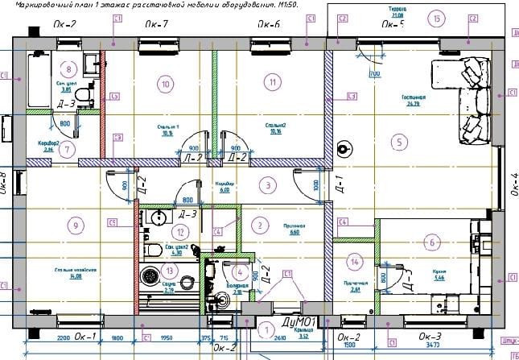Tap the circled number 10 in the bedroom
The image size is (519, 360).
point(166,83)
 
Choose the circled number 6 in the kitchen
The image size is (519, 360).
point(432,242)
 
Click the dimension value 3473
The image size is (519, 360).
point(434,345)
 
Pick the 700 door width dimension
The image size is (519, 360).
point(374,74)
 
